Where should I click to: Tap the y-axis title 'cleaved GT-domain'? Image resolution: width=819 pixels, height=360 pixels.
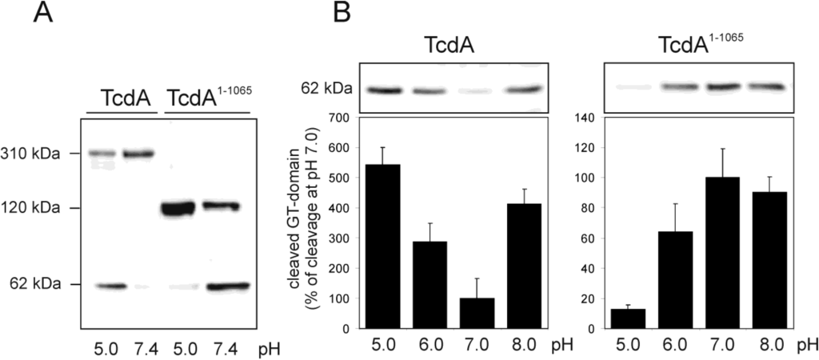pos(308,222)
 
